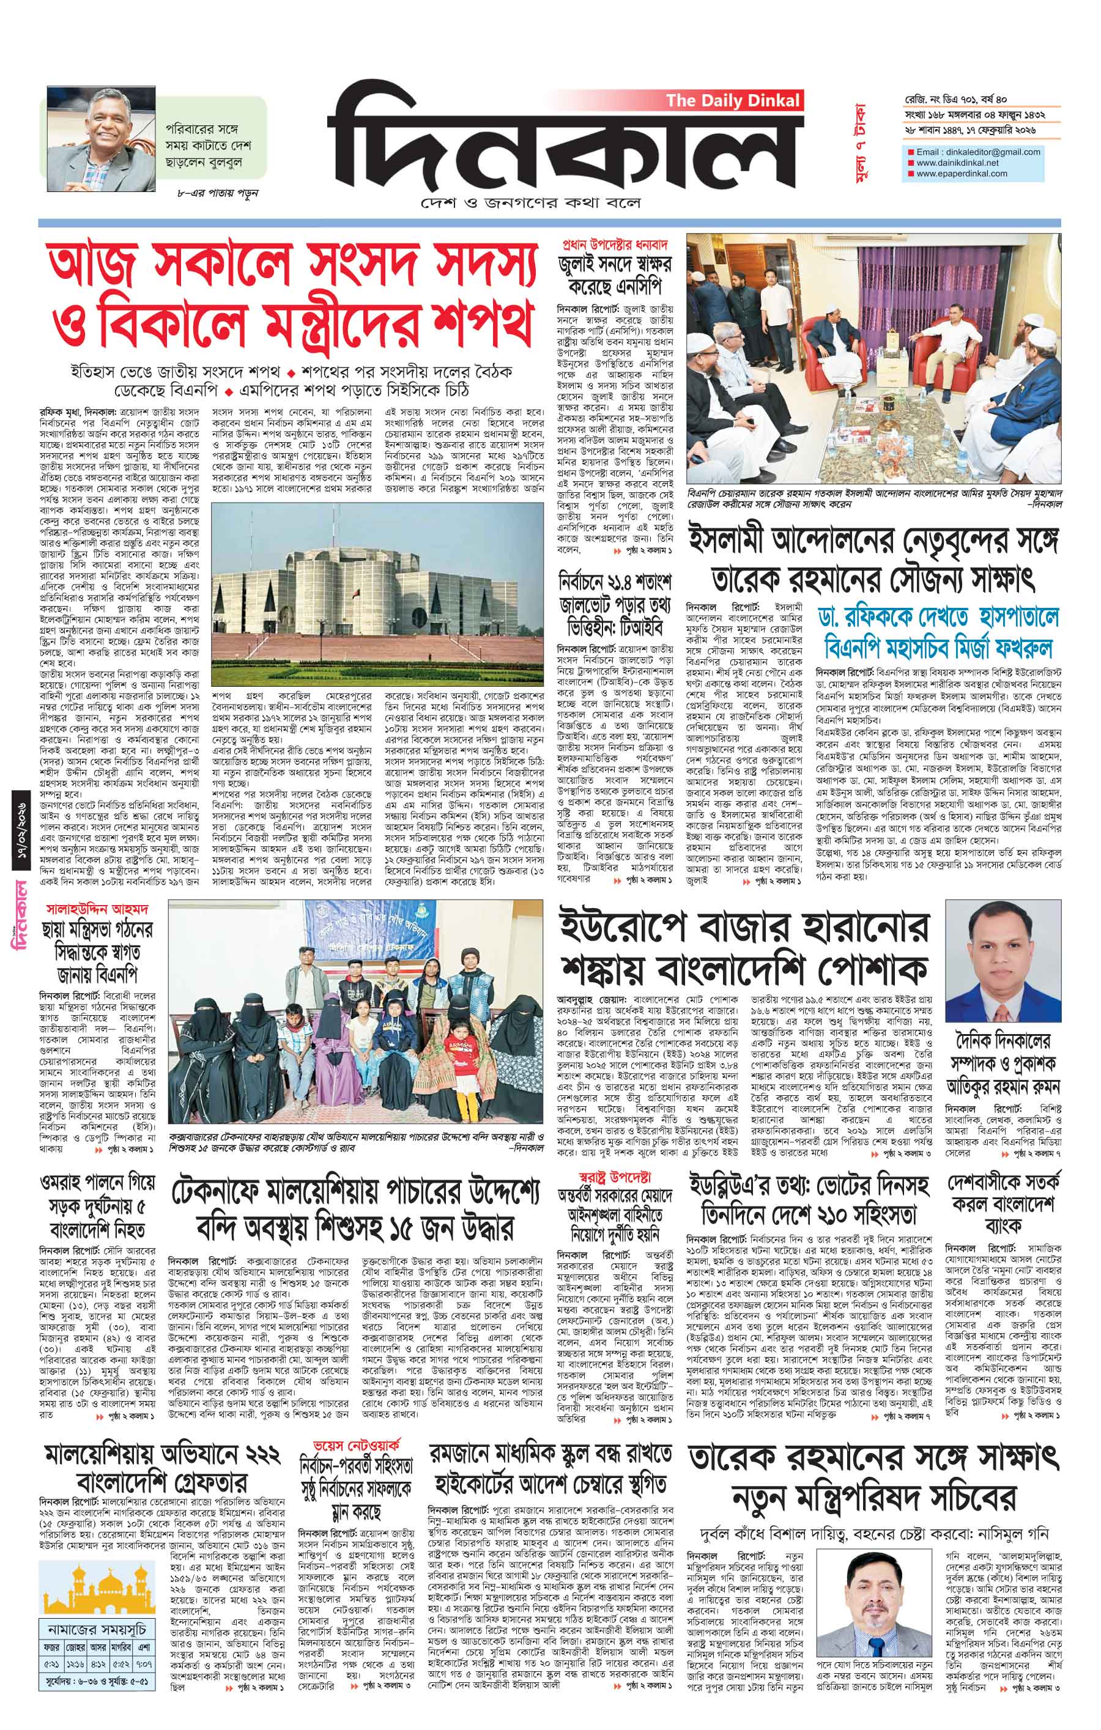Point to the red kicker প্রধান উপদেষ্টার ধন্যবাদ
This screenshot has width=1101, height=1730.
[x=615, y=243]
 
